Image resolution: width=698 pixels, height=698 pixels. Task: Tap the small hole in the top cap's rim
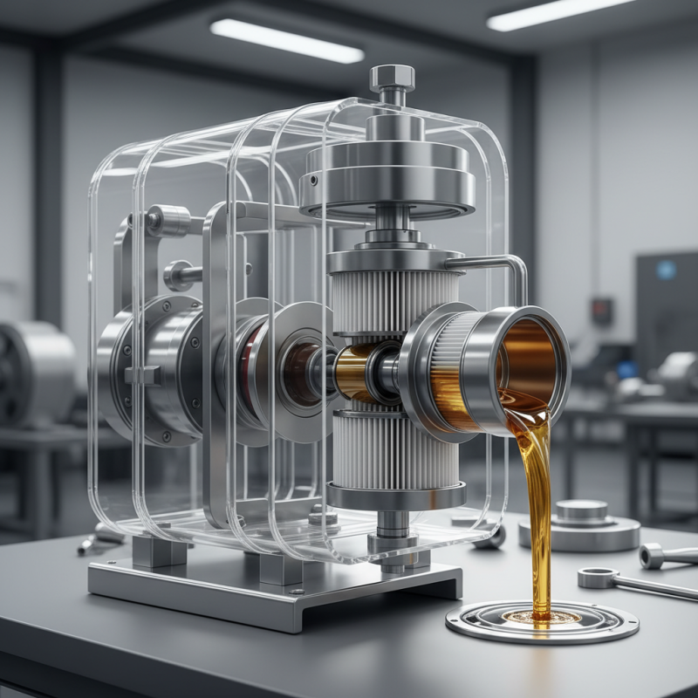(x=311, y=181)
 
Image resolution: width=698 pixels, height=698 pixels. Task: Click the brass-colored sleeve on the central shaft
(x=356, y=371)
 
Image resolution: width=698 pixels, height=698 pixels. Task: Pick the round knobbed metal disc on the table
(x=579, y=524)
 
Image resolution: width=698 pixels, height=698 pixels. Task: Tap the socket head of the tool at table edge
(x=652, y=555)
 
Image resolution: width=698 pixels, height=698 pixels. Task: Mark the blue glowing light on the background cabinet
(x=666, y=270)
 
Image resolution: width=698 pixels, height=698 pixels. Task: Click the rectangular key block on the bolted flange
(x=143, y=375)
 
